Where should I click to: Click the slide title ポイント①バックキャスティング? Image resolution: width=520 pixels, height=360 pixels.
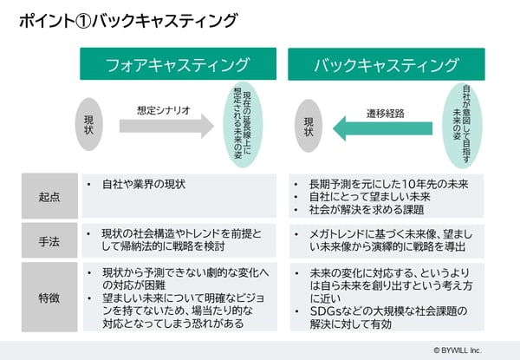tap(128, 21)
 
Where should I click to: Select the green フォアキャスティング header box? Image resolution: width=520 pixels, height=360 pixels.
tap(178, 63)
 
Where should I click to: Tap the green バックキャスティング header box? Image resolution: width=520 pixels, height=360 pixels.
tap(387, 64)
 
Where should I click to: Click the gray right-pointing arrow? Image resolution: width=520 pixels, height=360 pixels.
tap(166, 126)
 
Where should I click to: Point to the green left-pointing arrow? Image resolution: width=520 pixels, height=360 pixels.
tap(383, 128)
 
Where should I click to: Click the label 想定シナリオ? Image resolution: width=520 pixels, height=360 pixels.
tap(164, 110)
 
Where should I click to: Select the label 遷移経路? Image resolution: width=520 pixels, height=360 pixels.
tap(386, 114)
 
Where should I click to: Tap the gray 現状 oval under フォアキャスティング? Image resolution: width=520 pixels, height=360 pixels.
tap(89, 124)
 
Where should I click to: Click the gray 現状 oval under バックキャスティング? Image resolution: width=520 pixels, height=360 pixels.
tap(309, 126)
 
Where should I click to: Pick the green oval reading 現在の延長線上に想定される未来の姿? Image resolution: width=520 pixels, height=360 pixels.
tap(243, 125)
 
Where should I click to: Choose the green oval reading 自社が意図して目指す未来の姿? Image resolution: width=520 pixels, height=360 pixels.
tap(462, 126)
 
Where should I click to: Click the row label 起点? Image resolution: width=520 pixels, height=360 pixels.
tap(49, 197)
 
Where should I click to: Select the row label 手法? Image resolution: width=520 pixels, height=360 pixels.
tap(49, 241)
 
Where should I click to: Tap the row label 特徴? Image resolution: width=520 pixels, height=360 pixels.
tap(49, 298)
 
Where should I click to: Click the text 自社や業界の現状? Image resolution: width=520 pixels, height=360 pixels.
tap(144, 184)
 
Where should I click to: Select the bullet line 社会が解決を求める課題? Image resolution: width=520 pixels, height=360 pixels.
tap(367, 210)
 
